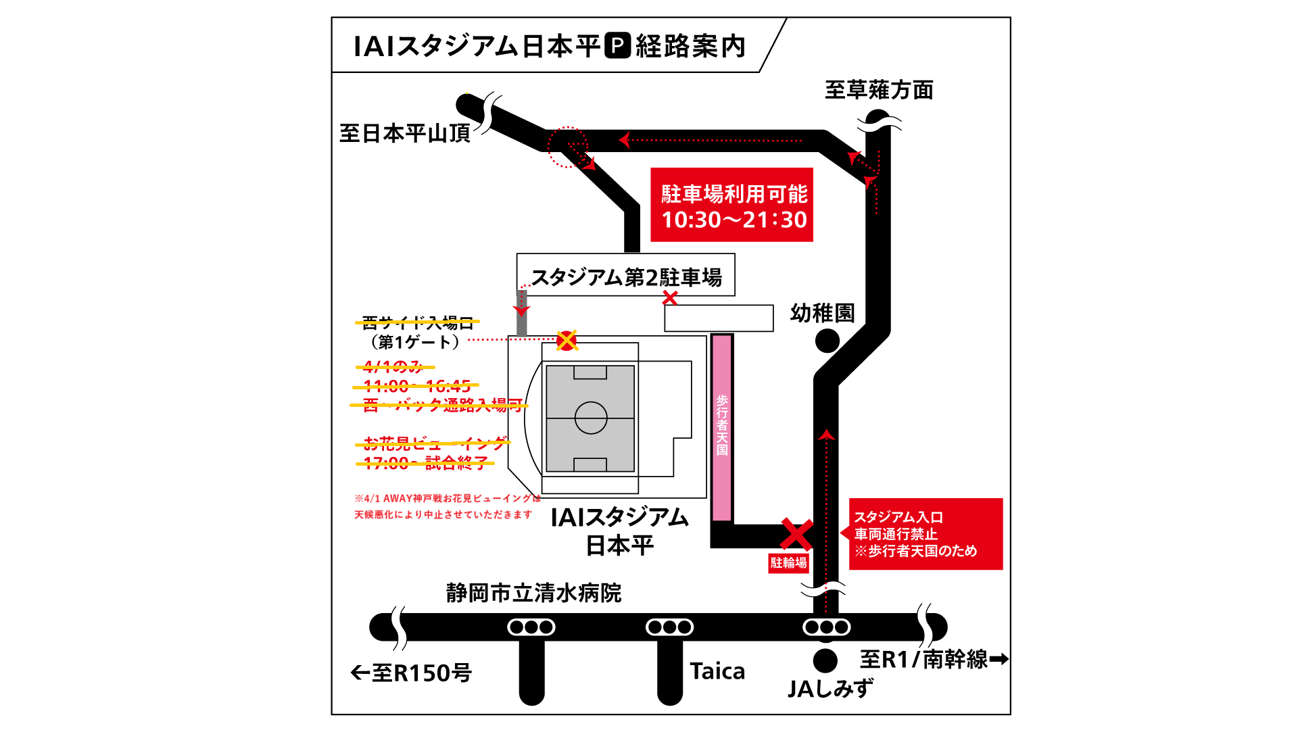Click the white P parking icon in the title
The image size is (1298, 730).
[617, 45]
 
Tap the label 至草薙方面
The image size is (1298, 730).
[879, 90]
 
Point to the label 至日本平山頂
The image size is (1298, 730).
[404, 133]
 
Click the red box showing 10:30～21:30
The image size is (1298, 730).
[731, 205]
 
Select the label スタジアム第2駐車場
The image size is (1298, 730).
[626, 277]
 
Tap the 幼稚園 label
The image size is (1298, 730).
[822, 313]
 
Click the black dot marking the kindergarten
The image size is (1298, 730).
[827, 341]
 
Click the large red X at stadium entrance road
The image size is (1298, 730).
[796, 534]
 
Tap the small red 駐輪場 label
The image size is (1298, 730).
[788, 563]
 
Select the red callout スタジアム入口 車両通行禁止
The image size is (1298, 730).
[925, 534]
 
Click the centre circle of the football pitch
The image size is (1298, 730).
[591, 418]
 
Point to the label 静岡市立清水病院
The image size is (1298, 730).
[533, 593]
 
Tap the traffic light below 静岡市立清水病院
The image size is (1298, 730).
[531, 627]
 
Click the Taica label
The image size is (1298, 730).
[717, 671]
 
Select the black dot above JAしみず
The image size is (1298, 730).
[825, 660]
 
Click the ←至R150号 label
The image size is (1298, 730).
[411, 673]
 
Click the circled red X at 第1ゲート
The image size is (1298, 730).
[567, 341]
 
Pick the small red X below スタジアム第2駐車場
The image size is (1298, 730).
[669, 297]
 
